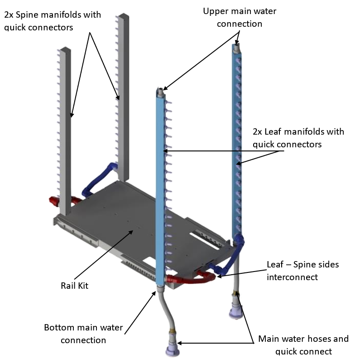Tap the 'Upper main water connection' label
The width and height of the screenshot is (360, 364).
tap(239, 17)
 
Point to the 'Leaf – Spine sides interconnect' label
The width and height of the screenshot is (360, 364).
tap(302, 270)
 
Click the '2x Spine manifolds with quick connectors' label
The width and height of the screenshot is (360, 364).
tap(53, 21)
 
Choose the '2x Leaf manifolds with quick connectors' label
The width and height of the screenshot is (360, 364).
tap(298, 138)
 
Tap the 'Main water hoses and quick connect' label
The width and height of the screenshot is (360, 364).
tap(303, 345)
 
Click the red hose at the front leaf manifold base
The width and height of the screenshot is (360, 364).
tap(190, 279)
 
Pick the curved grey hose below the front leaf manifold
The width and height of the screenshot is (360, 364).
tap(165, 313)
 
